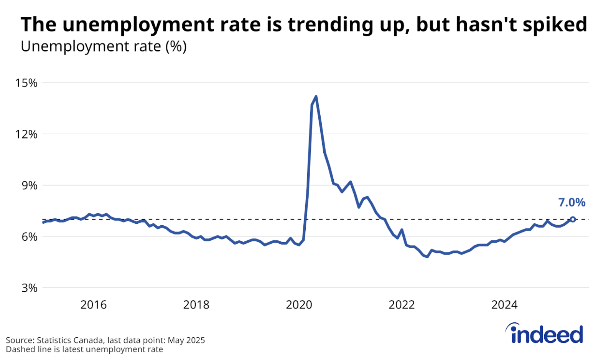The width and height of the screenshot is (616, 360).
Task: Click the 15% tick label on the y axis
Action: click(x=26, y=83)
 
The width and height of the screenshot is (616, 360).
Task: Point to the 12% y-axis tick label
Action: click(x=26, y=134)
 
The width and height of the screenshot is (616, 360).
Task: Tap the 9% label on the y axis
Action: click(x=29, y=185)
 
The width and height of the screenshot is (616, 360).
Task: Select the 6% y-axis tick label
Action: click(x=29, y=237)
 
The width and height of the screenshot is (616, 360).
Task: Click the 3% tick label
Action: click(x=29, y=288)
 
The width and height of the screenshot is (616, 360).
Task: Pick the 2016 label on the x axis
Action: click(x=94, y=305)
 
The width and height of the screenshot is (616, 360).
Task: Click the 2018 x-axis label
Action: click(x=196, y=305)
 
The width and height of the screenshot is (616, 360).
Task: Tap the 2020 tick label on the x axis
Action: click(x=299, y=305)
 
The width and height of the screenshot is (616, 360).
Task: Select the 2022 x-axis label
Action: click(x=402, y=305)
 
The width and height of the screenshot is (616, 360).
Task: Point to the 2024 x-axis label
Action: click(x=504, y=305)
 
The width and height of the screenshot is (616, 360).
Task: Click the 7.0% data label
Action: click(x=572, y=202)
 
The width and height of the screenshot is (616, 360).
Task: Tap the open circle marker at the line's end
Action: click(x=573, y=219)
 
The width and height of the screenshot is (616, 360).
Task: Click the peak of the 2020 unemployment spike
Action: click(x=316, y=96)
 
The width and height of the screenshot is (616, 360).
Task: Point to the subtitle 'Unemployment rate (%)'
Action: click(x=104, y=46)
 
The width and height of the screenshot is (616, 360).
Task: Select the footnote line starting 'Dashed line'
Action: click(x=84, y=349)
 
